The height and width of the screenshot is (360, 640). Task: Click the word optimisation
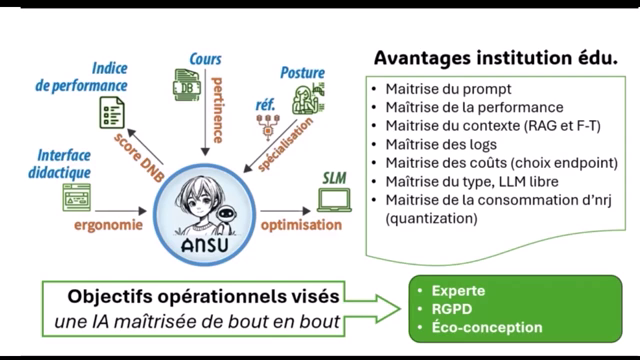pos(301,226)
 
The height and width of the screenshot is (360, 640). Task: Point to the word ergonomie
pos(109,226)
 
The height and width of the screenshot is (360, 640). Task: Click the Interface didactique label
pos(63,164)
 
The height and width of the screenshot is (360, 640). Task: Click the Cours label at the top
pos(205,59)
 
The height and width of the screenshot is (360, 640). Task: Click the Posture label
pos(302,73)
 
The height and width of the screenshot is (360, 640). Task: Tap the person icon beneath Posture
pos(304,99)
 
